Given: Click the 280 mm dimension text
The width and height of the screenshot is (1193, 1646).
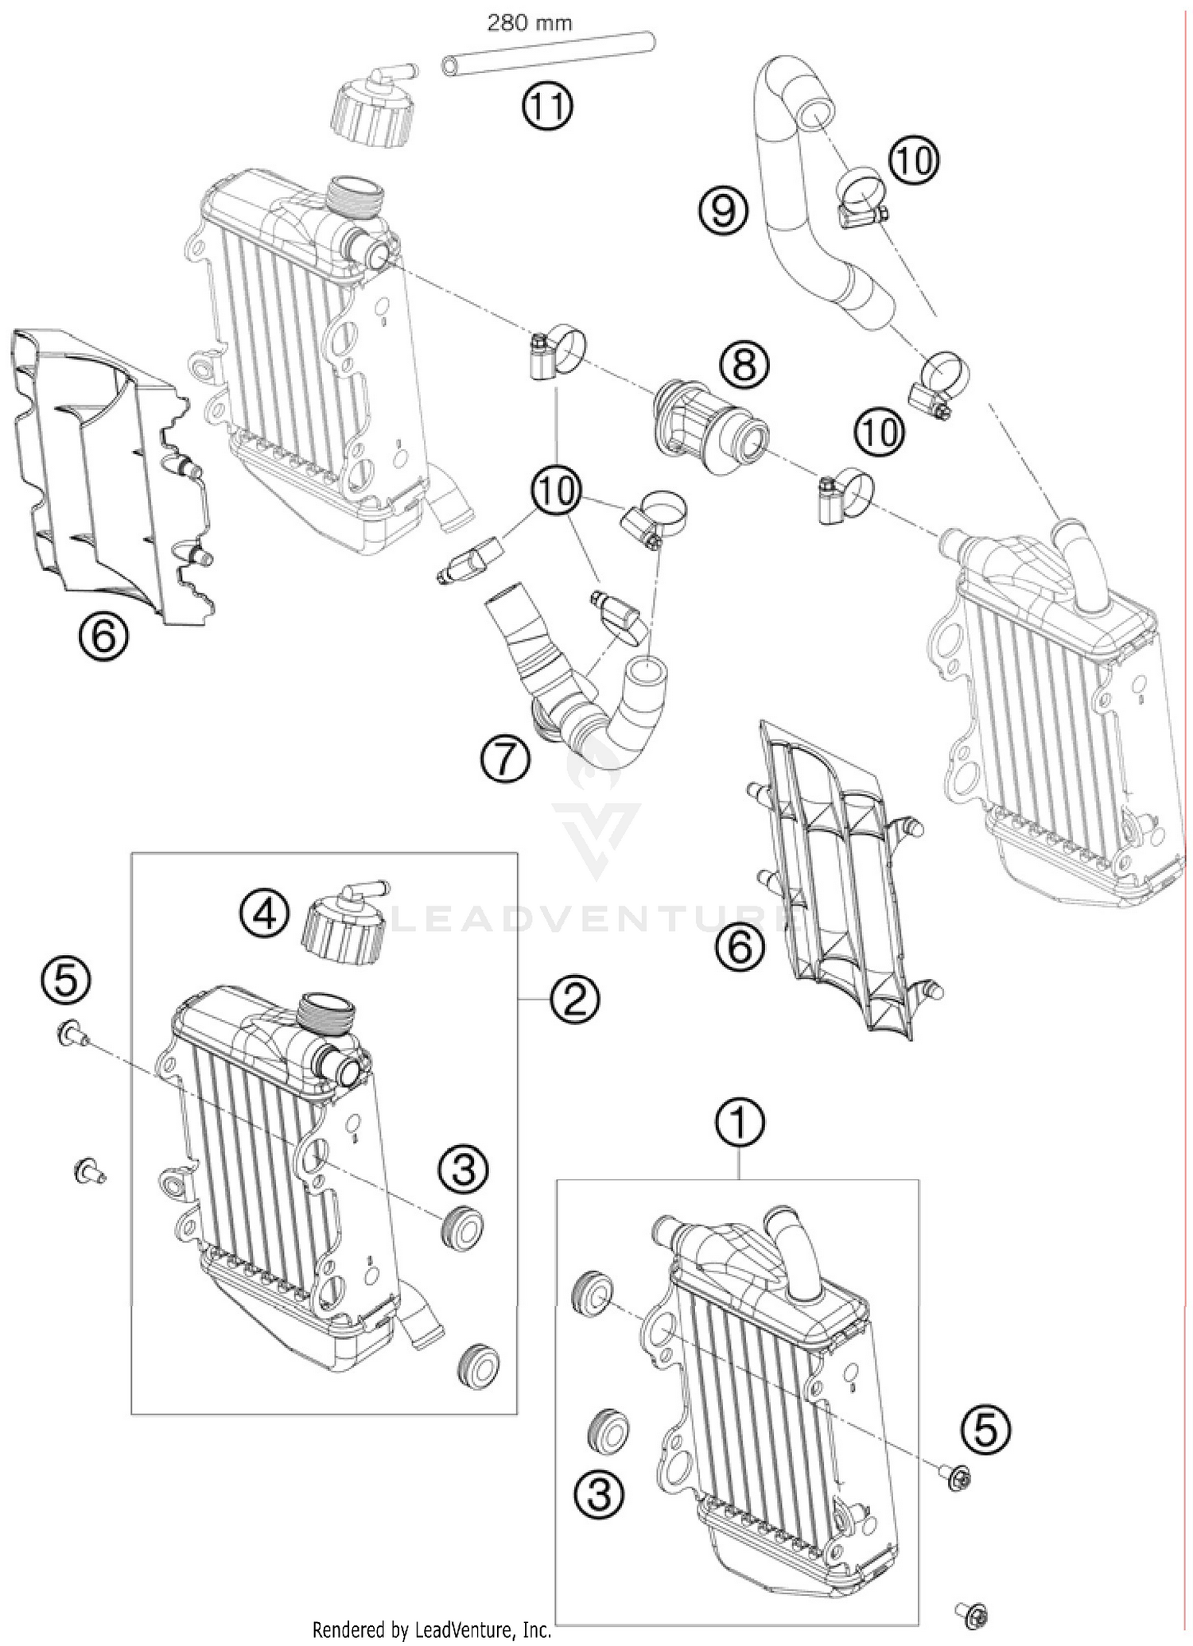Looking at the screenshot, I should [529, 23].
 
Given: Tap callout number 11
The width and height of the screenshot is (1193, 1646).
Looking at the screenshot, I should [547, 106].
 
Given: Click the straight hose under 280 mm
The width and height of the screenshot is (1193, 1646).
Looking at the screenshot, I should [549, 64].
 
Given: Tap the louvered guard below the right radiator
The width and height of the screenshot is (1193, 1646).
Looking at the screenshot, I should [839, 883].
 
